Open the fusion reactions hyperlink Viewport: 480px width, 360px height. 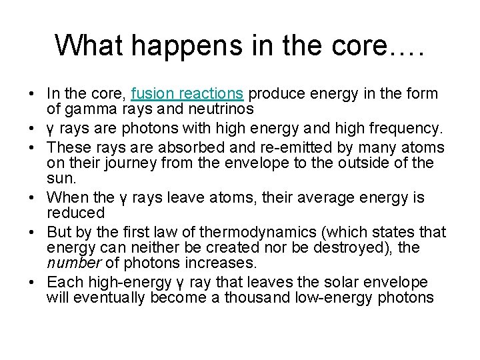(188, 93)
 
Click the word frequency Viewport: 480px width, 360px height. (402, 127)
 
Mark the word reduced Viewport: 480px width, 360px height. (75, 213)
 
